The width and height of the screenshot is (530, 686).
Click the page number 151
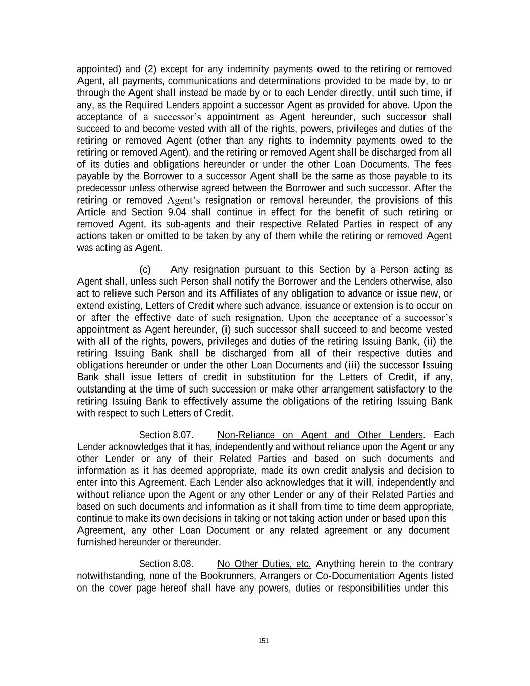[x=263, y=641]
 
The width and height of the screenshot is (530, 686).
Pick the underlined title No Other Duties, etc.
[x=264, y=564]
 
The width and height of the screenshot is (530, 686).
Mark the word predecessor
[x=101, y=188]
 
